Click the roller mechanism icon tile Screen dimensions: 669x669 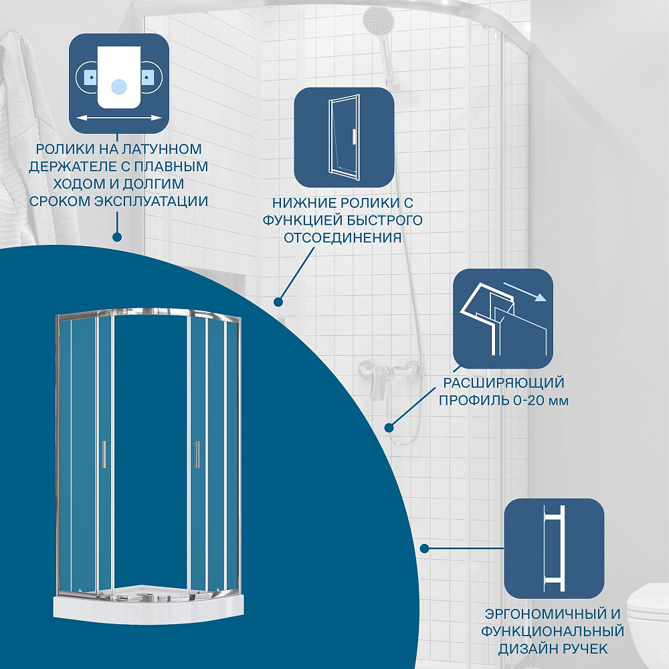119,83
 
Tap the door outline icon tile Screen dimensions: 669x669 344,137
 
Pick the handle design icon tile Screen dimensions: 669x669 554,548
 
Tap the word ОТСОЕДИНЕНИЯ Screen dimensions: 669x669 343,237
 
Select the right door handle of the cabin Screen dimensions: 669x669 196,454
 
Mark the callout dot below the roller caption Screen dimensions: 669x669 116,236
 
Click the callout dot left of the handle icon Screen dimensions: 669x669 424,549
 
